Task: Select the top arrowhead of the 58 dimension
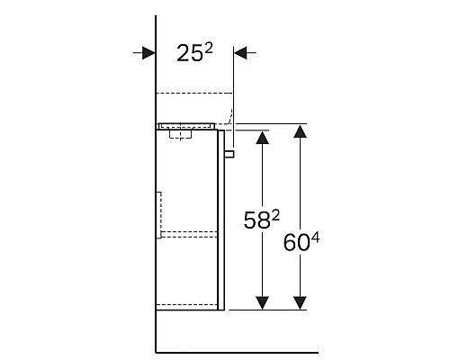261,138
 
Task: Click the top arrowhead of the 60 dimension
301,131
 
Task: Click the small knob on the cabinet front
229,154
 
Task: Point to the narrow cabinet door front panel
220,220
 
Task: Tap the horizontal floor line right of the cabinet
270,352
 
